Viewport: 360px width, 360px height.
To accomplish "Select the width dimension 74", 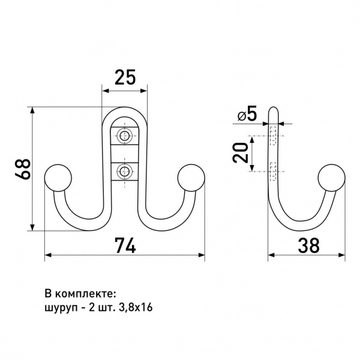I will pyautogui.click(x=125, y=245).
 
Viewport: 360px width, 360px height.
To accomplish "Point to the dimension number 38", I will pyautogui.click(x=307, y=245).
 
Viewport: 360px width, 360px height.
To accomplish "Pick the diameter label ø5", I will pyautogui.click(x=247, y=115).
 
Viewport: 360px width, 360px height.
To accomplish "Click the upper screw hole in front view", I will pyautogui.click(x=125, y=136).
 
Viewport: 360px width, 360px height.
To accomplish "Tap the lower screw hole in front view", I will pyautogui.click(x=125, y=170).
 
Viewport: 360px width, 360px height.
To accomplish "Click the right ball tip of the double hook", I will pyautogui.click(x=191, y=177).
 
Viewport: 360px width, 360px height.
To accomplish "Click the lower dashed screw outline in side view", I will pyautogui.click(x=272, y=171).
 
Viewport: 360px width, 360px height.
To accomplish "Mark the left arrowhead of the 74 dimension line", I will pyautogui.click(x=49, y=255).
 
